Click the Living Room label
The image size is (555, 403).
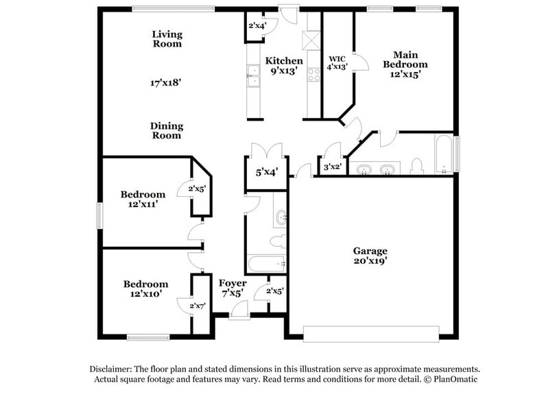pos(167,38)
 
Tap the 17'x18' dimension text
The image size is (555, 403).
pos(166,82)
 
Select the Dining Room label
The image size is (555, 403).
pos(167,130)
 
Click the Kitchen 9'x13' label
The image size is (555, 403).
pos(284,65)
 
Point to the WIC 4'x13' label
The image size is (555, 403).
pos(338,63)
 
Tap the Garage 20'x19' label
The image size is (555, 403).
pos(370,256)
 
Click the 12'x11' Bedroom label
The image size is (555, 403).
pos(143,199)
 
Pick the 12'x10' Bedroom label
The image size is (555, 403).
pos(145,289)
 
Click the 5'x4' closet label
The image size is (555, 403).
pos(266,173)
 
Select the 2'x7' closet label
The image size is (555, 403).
pos(199,306)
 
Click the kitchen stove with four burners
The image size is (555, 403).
pos(314,75)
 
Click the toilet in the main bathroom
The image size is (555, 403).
pos(416,166)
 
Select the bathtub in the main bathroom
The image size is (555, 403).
pos(443,154)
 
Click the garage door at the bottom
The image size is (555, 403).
pos(370,334)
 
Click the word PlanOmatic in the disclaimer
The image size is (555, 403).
pos(453,378)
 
